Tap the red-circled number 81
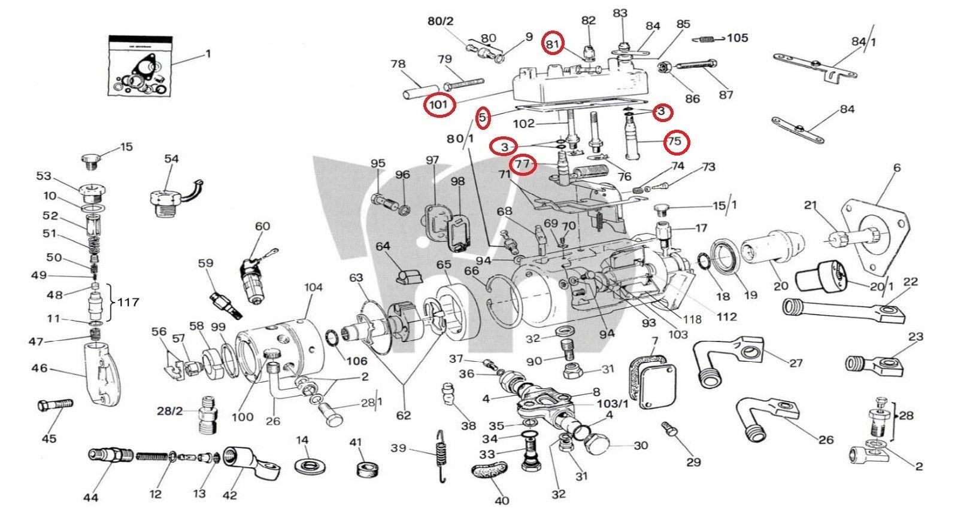[553, 44]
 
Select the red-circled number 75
[675, 142]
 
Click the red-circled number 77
[523, 163]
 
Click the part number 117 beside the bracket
[128, 303]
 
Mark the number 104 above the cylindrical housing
[313, 287]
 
